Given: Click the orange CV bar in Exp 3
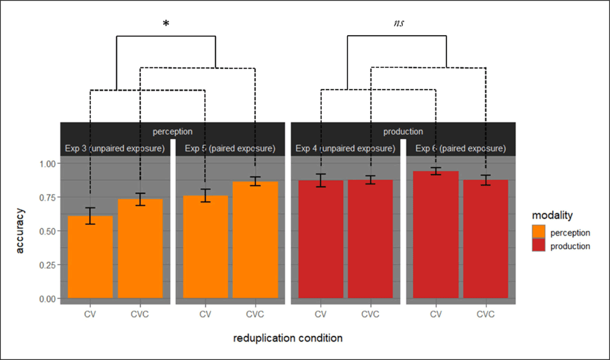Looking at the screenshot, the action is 90,257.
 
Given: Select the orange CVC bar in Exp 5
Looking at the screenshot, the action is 255,239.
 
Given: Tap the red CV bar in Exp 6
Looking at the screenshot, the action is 436,234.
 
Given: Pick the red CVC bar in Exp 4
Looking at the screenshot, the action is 371,239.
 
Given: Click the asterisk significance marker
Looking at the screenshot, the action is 166,24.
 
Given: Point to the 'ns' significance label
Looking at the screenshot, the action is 399,23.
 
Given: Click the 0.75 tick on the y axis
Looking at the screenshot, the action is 47,197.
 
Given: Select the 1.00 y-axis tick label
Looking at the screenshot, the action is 47,164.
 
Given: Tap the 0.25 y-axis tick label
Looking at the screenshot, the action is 47,265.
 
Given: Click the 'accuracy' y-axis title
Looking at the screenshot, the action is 20,231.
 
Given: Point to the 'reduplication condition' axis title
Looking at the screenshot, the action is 288,338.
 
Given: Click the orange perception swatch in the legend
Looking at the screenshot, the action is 539,232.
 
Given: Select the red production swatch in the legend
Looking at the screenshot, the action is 539,245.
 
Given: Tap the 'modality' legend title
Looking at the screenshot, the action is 552,216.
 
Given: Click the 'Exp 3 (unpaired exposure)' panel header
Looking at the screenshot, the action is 115,148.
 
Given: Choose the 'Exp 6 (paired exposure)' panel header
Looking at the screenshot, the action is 461,148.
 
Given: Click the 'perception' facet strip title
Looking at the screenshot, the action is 173,132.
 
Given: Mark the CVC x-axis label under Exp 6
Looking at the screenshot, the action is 485,314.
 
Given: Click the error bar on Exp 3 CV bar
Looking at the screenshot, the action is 90,216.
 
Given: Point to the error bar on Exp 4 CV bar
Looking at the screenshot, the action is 321,181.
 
